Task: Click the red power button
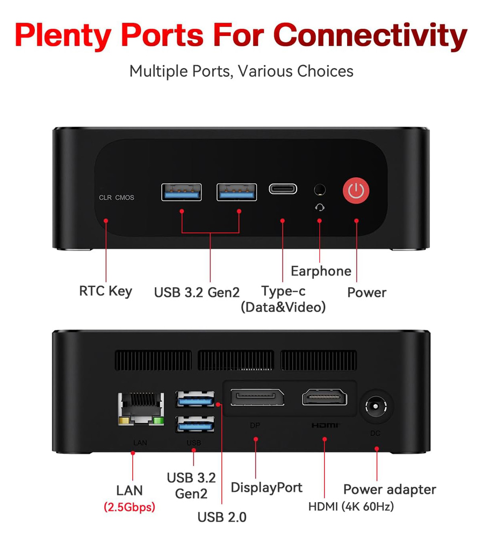(356, 190)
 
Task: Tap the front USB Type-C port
(283, 189)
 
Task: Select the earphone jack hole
(320, 190)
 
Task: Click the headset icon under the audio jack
(320, 207)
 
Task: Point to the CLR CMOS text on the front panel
(117, 198)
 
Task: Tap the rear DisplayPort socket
(257, 398)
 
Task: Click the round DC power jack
(376, 407)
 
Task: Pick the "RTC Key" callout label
(105, 292)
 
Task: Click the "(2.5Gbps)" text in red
(129, 507)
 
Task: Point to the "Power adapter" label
(390, 490)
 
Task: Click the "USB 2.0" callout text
(222, 518)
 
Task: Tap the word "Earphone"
(321, 271)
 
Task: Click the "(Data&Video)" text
(283, 307)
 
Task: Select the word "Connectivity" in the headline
(370, 35)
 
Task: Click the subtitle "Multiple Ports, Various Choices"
(241, 71)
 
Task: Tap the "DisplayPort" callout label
(266, 488)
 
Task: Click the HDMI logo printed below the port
(326, 426)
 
